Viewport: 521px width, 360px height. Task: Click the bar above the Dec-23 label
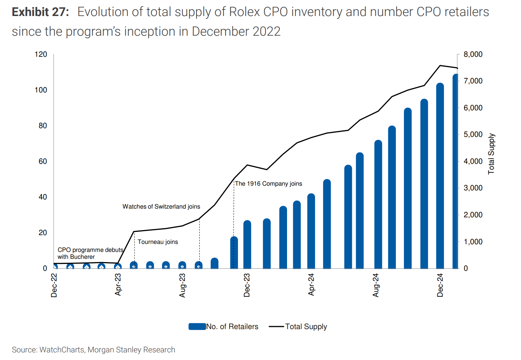click(247, 245)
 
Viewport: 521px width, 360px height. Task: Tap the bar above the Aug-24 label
click(378, 204)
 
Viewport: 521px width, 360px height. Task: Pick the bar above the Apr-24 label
click(311, 231)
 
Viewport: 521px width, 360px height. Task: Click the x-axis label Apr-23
click(118, 285)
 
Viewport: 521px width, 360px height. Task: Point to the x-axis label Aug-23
click(182, 285)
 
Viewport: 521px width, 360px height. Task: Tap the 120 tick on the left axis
click(41, 54)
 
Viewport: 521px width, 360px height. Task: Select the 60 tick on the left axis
click(43, 161)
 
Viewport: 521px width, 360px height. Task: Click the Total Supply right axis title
click(491, 154)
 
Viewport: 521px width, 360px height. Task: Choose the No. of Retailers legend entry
click(224, 327)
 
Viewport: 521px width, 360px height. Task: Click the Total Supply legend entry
click(298, 327)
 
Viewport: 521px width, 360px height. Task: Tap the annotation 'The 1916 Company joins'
click(269, 183)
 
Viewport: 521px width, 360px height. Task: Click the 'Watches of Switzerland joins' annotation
click(161, 206)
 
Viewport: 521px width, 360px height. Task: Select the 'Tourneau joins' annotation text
click(158, 242)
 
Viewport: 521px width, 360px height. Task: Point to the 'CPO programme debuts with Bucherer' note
click(90, 253)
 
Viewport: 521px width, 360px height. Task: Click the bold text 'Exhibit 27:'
click(40, 12)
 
